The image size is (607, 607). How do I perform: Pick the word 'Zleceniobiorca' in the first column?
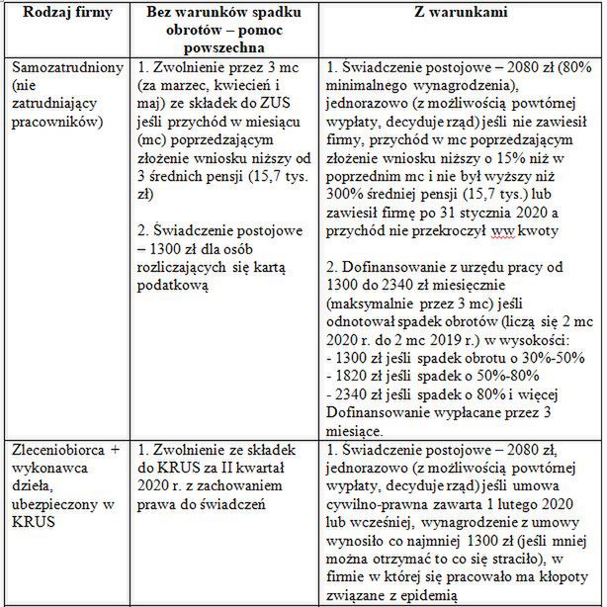pos(55,450)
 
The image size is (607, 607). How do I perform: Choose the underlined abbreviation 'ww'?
pos(513,230)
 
